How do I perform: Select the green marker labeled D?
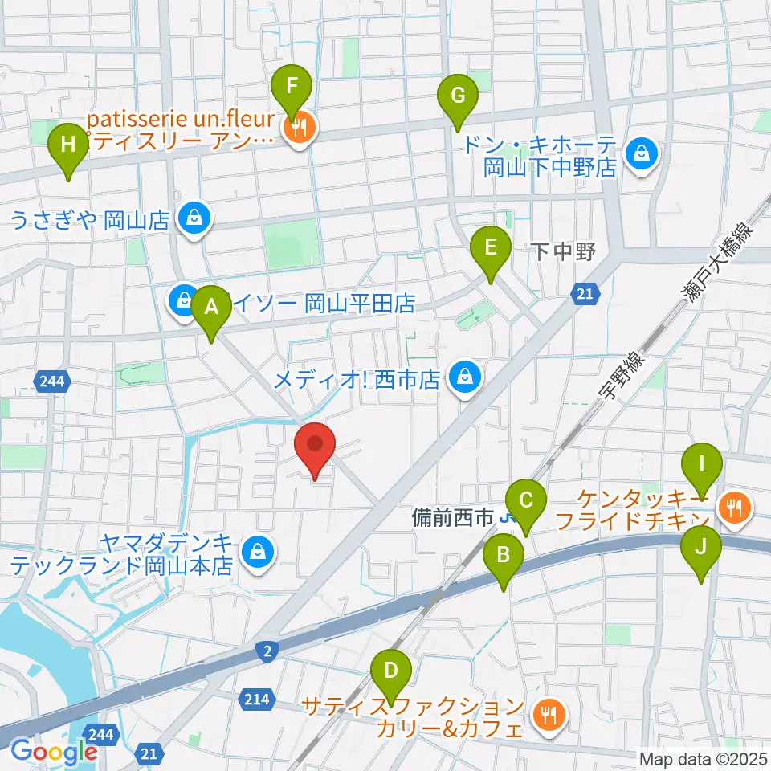pos(391,671)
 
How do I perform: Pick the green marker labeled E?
pos(491,248)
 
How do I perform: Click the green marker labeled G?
pos(457,96)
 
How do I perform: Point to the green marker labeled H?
pos(68,146)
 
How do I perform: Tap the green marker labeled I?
pos(702,465)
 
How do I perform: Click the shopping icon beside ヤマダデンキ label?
pos(257,552)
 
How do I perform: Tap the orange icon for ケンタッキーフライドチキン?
pos(734,508)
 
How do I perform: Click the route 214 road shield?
pos(254,700)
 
